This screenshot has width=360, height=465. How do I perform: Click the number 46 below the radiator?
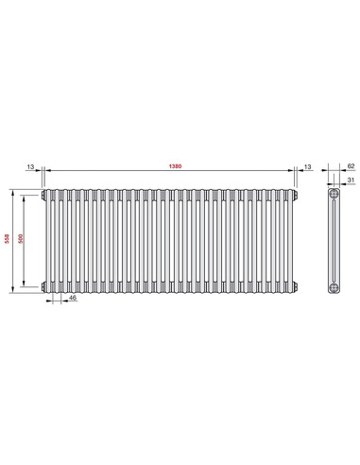[73, 299]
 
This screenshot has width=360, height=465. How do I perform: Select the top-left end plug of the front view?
[43, 196]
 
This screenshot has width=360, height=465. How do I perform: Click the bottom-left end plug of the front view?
[43, 285]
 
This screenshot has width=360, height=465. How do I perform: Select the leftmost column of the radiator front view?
[49, 240]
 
